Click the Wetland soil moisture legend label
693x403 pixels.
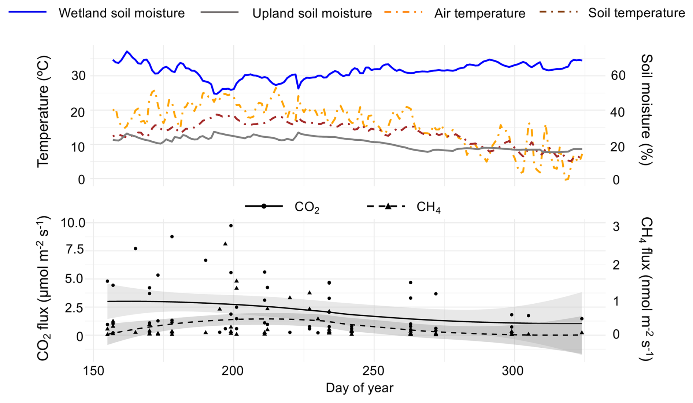[x=121, y=13]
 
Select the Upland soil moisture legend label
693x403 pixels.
[x=312, y=13]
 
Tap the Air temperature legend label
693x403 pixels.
[x=479, y=13]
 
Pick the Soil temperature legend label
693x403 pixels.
[x=637, y=13]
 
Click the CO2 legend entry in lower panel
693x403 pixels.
[x=307, y=207]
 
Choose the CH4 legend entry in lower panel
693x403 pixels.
[x=428, y=207]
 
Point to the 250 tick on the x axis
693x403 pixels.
[x=374, y=371]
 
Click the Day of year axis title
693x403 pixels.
[x=359, y=388]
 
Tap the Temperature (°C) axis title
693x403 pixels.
[x=43, y=112]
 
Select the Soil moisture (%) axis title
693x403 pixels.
[x=647, y=110]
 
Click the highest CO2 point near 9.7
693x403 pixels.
[x=231, y=226]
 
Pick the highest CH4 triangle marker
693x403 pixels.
[x=225, y=244]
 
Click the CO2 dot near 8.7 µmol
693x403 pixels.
[x=172, y=237]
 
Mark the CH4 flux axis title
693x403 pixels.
[x=647, y=289]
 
